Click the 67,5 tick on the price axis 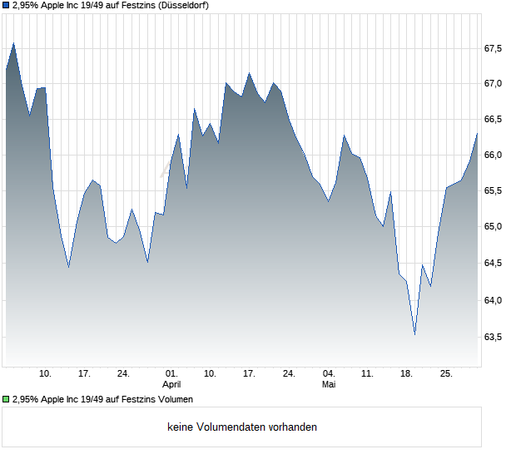pos(493,49)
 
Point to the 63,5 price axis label pos(493,337)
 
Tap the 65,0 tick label pos(493,226)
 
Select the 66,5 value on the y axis pos(493,119)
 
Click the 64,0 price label pos(493,300)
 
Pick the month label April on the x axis pos(171,384)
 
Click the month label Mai pos(329,384)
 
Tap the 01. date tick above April pos(171,374)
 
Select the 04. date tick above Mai pos(329,374)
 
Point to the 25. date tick pos(446,374)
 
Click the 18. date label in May pos(406,374)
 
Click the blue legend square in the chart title pos(6,6)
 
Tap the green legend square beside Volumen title pos(6,399)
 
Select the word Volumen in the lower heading pos(176,399)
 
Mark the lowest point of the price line pos(414,334)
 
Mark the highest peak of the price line pos(13,43)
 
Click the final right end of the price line pos(477,134)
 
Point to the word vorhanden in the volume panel pos(293,427)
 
